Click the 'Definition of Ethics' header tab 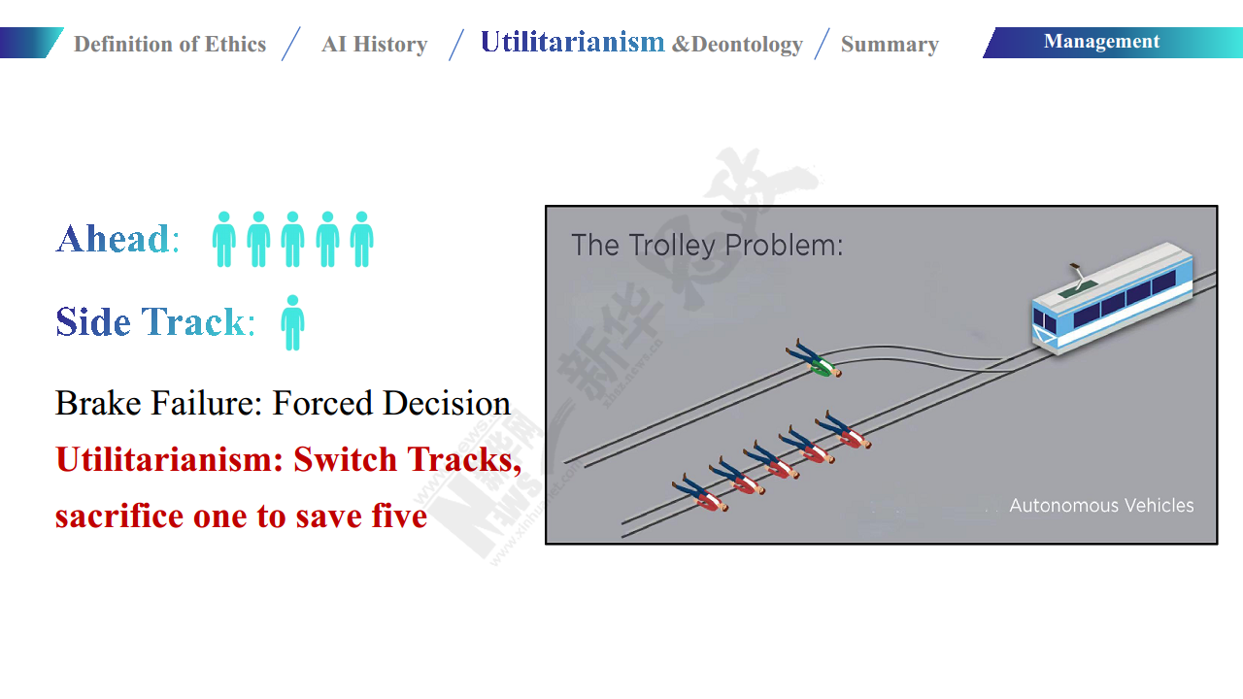click(170, 45)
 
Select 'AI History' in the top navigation click(375, 45)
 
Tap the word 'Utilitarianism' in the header click(572, 42)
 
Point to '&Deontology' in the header click(737, 45)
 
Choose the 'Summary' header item click(890, 45)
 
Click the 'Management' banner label click(1101, 42)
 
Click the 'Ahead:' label click(118, 239)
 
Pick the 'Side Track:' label click(155, 321)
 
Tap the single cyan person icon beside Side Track click(292, 323)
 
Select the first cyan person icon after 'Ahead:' click(224, 239)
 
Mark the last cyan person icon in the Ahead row click(362, 239)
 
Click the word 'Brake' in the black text click(98, 403)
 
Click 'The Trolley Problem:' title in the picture click(707, 246)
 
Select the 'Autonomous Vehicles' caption click(1101, 506)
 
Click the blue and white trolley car click(1112, 298)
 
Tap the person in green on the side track click(814, 358)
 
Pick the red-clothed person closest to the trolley click(843, 430)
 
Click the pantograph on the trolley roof click(1078, 277)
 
